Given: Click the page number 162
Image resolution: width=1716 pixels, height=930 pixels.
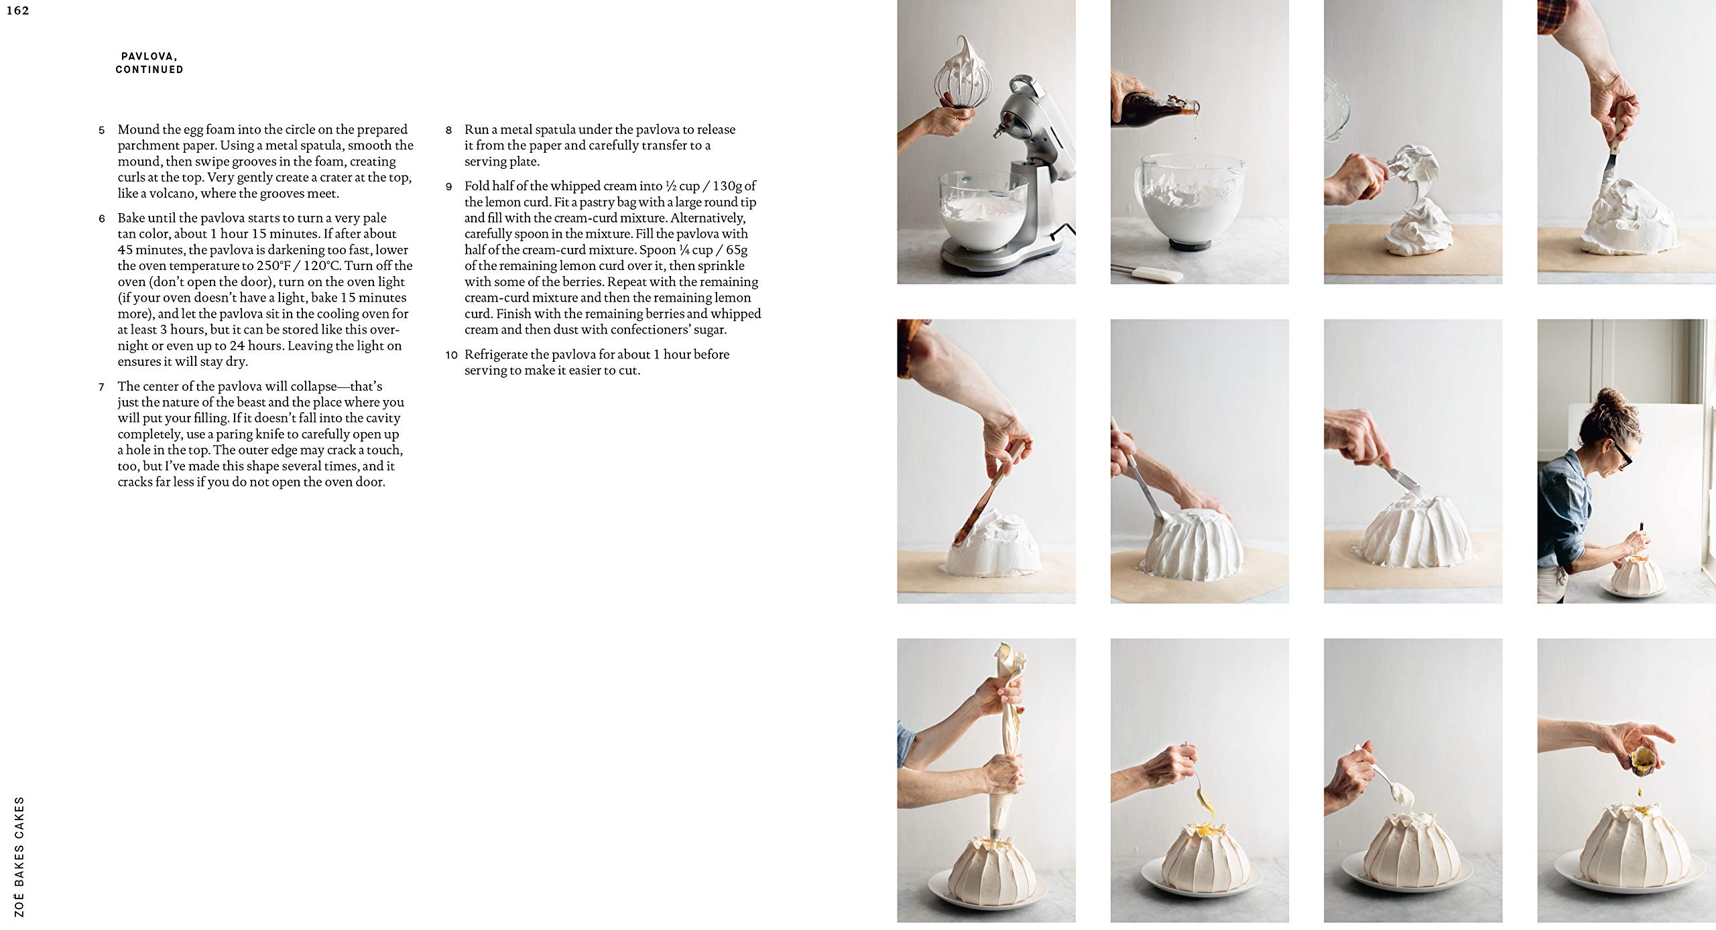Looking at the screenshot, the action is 18,11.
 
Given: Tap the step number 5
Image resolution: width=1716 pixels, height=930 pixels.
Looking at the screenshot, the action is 102,130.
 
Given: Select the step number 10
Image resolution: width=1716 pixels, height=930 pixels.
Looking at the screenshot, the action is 451,355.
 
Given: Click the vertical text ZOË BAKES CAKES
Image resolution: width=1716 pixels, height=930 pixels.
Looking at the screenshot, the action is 19,856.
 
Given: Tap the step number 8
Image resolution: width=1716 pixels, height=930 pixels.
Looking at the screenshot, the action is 449,130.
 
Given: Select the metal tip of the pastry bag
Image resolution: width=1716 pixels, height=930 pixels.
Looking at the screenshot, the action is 993,835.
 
